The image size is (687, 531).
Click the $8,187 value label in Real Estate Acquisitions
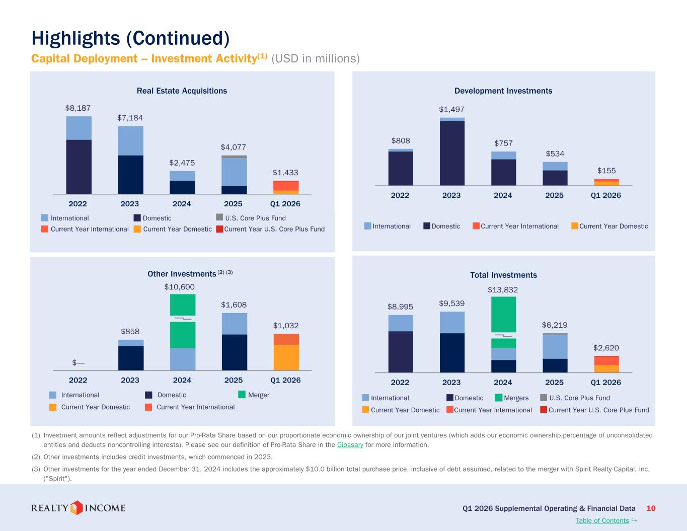click(x=78, y=108)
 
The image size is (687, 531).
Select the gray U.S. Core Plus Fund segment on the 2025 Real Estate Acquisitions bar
click(x=234, y=157)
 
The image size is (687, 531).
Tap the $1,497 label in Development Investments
click(x=451, y=109)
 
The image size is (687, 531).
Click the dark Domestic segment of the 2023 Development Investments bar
click(x=452, y=153)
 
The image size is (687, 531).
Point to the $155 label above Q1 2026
click(x=606, y=171)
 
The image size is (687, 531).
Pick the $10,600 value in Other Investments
click(x=179, y=287)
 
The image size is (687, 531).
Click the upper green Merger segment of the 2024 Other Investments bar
click(x=183, y=305)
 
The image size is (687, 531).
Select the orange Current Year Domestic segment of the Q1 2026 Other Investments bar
click(x=286, y=357)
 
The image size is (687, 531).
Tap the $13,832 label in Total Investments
click(x=503, y=290)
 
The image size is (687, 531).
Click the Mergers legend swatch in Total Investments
click(x=499, y=398)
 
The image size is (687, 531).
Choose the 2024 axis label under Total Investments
click(x=503, y=383)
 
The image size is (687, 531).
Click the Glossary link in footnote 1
click(x=350, y=445)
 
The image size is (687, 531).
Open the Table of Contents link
click(x=602, y=520)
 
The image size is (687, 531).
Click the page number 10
click(x=651, y=508)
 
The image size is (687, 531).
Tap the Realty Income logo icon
click(x=77, y=508)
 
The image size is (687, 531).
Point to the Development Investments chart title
click(x=503, y=91)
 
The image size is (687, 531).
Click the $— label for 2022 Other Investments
click(x=78, y=362)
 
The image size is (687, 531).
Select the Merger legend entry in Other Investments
click(x=254, y=395)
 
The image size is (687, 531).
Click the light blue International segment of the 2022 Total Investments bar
click(x=401, y=323)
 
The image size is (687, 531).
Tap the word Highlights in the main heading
click(x=76, y=39)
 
